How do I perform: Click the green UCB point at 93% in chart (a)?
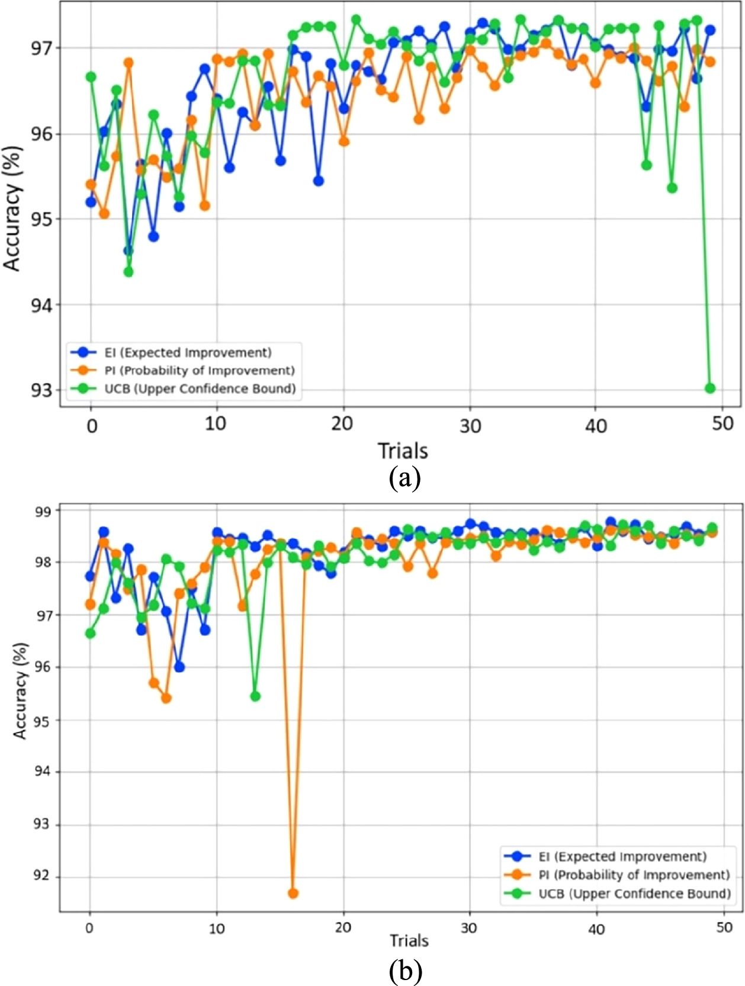[709, 388]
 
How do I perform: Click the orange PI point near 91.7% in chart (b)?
[293, 893]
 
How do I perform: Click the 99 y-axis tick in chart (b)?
[44, 510]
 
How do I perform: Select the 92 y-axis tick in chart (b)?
[44, 877]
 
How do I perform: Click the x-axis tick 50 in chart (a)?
[722, 425]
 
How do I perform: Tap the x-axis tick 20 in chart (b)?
[343, 927]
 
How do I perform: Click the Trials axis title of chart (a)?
[403, 451]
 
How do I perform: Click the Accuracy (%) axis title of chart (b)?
[21, 691]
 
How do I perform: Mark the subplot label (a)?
[405, 478]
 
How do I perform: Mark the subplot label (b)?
[406, 971]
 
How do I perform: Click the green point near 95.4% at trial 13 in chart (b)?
[255, 696]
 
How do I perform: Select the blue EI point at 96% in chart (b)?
[179, 667]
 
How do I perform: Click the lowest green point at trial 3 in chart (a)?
[129, 272]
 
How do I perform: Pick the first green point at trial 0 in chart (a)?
[91, 77]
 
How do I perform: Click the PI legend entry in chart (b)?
[634, 875]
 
